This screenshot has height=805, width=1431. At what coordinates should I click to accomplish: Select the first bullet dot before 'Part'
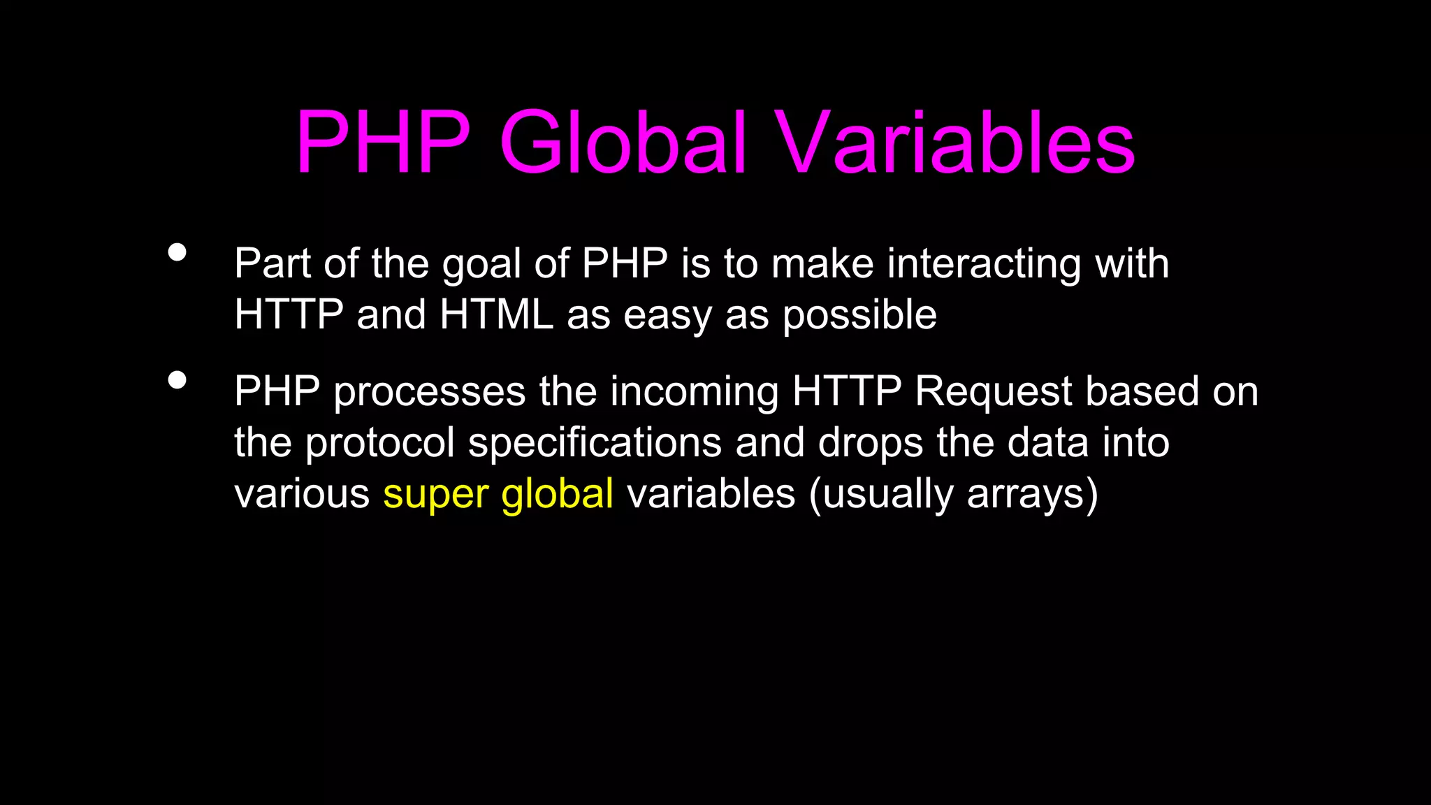click(177, 252)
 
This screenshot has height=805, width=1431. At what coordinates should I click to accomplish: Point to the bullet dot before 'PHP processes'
click(177, 380)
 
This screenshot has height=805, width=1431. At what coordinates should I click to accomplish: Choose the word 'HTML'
click(497, 315)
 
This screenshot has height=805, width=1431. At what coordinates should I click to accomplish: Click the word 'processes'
click(429, 393)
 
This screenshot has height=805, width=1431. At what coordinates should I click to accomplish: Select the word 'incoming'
click(695, 393)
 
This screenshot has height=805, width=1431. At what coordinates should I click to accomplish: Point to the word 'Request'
click(993, 393)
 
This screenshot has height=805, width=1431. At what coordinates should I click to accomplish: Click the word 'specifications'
click(595, 444)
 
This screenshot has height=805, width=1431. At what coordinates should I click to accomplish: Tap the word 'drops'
click(871, 444)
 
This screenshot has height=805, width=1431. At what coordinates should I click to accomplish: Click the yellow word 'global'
click(557, 494)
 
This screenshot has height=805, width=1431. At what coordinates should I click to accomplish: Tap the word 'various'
click(302, 494)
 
